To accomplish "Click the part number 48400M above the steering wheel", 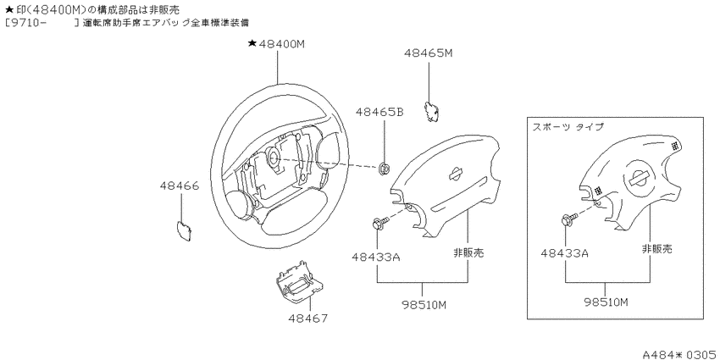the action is (x=281, y=44).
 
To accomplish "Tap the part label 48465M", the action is (x=429, y=53).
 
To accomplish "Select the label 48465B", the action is (x=379, y=112).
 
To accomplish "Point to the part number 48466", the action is (x=180, y=186).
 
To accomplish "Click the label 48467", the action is (x=308, y=318).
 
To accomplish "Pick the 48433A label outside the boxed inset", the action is (x=376, y=257).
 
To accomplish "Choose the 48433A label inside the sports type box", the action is (x=565, y=253).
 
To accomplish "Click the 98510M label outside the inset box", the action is (x=423, y=305).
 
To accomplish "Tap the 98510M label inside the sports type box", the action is (x=606, y=302).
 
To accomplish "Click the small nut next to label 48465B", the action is (x=385, y=169).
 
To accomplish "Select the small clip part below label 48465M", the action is (x=430, y=111).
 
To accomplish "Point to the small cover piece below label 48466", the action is (x=184, y=230).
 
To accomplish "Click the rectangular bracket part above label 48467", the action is (x=298, y=282).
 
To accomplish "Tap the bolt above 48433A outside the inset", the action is (x=380, y=224).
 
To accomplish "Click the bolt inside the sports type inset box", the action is (x=568, y=219).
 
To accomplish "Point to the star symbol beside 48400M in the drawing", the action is (x=252, y=43).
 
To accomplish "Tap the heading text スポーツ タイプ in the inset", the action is (x=568, y=127).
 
